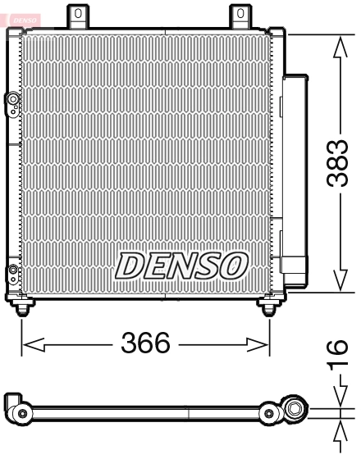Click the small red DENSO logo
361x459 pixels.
coord(21,16)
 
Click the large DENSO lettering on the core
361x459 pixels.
coord(181,265)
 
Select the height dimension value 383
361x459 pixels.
coord(339,163)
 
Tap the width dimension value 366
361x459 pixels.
coord(145,343)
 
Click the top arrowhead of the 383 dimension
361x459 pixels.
coord(339,43)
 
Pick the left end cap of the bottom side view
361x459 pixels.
coord(16,407)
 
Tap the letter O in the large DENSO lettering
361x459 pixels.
coord(232,265)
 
